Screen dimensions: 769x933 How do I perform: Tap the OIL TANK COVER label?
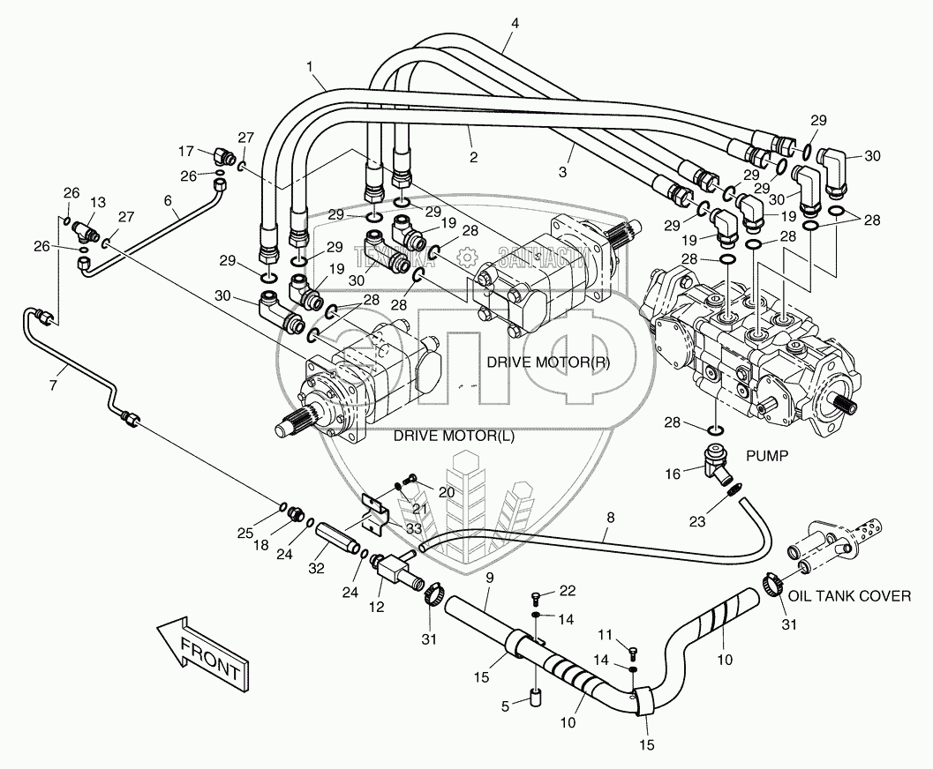(x=849, y=596)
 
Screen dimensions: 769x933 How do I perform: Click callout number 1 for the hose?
(x=310, y=65)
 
